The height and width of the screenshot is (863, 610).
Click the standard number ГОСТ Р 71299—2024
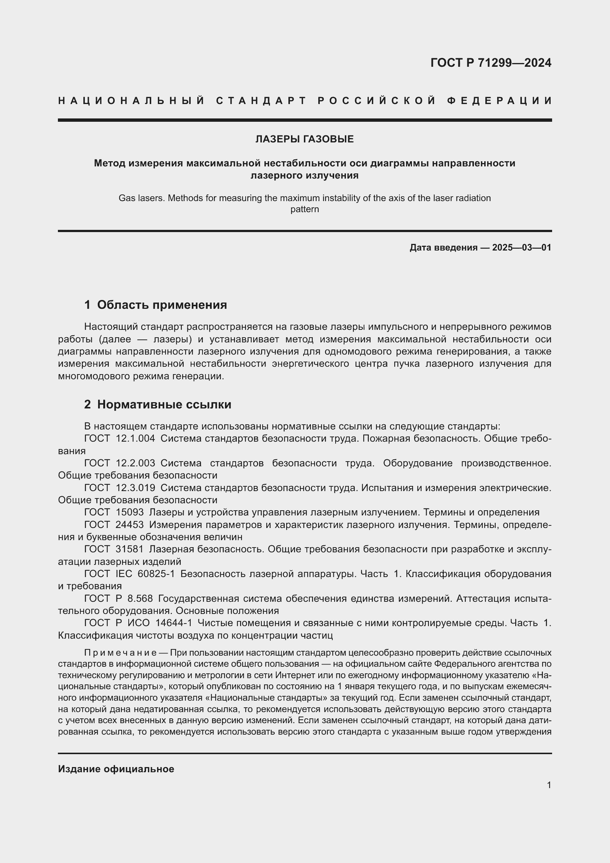coord(491,63)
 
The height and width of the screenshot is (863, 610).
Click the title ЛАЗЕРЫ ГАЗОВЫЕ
coord(305,139)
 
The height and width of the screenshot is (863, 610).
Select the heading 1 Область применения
coord(156,304)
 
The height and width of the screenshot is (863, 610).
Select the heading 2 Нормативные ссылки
coord(158,404)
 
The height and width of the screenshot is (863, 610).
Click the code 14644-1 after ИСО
coord(174,623)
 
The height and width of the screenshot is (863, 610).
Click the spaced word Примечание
coord(120,653)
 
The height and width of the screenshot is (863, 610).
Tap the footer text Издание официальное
coord(116,769)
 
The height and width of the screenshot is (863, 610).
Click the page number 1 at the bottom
coord(549,785)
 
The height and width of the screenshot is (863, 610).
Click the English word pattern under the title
coord(305,209)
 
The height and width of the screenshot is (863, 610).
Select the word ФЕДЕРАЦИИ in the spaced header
coord(499,101)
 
